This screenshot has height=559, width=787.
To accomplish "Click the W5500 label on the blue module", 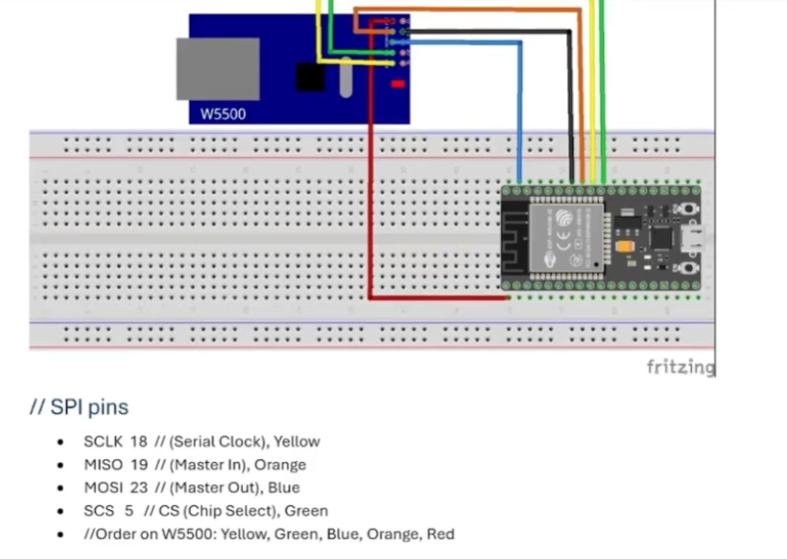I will [223, 114].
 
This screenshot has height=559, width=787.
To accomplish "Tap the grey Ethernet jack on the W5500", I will [218, 69].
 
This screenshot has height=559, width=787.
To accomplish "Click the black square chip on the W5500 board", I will [310, 76].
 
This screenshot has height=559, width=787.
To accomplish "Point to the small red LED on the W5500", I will [396, 85].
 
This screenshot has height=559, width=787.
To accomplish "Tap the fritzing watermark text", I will [680, 367].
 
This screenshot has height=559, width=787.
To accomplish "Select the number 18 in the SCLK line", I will [138, 442].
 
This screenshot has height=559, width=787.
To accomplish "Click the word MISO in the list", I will [101, 465].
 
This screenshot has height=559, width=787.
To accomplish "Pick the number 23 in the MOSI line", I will [138, 488].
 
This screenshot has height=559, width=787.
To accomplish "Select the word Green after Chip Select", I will [306, 511].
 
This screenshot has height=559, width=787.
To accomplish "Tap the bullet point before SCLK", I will [61, 443].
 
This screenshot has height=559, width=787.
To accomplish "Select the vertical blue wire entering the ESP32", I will [520, 115].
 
